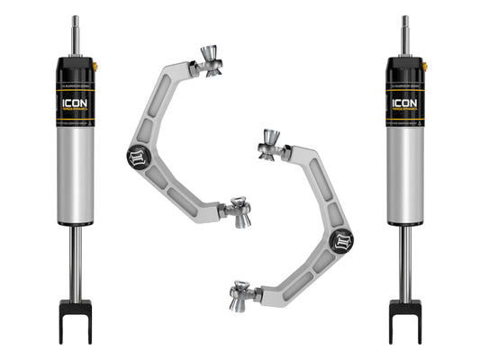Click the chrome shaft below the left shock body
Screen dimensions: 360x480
75,261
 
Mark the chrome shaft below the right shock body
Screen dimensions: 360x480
405,261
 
